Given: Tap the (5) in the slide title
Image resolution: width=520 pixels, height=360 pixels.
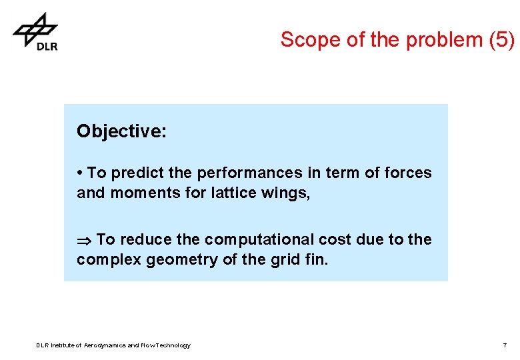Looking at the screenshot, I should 501,40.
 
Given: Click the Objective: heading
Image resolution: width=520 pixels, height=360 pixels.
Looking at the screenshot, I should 121,131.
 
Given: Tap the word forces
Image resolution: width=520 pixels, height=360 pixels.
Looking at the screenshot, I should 407,173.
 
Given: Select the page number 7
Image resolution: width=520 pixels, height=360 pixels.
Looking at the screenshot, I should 505,345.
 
